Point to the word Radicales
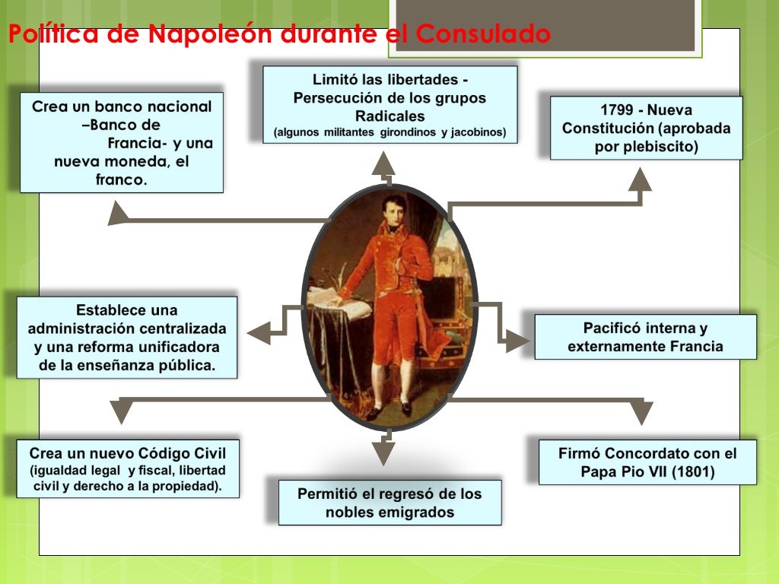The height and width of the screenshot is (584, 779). [x=389, y=116]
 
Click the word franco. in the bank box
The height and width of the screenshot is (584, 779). [x=121, y=180]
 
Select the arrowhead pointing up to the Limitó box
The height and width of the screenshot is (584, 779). [x=383, y=163]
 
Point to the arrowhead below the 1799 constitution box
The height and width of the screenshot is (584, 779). [x=640, y=179]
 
